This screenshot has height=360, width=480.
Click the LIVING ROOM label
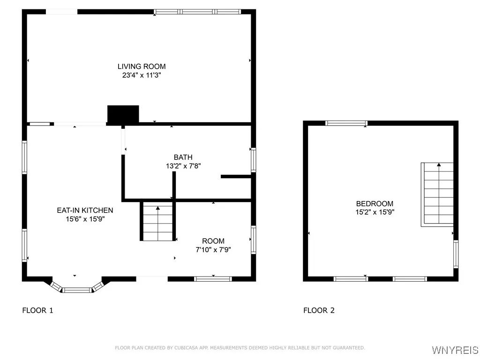click(142, 67)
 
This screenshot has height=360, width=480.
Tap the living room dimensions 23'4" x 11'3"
click(142, 75)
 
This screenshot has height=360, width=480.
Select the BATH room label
click(183, 157)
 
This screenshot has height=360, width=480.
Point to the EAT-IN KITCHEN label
click(85, 210)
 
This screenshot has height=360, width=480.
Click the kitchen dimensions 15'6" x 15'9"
click(85, 219)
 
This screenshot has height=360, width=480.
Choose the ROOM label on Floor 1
click(213, 241)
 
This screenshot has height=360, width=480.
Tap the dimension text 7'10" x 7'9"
click(213, 250)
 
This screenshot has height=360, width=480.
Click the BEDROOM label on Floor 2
click(375, 203)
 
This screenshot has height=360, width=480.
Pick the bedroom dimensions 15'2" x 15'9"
click(375, 212)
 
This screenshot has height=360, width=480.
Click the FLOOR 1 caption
click(37, 310)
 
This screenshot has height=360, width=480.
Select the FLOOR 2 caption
click(319, 310)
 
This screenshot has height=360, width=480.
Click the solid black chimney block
click(123, 114)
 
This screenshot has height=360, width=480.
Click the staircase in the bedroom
click(437, 195)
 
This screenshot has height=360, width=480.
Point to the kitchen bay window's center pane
click(77, 290)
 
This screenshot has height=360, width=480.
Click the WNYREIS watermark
click(455, 350)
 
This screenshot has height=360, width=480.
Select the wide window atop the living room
click(197, 12)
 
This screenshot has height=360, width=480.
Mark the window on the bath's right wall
click(254, 160)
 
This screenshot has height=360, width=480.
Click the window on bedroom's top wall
click(346, 123)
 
